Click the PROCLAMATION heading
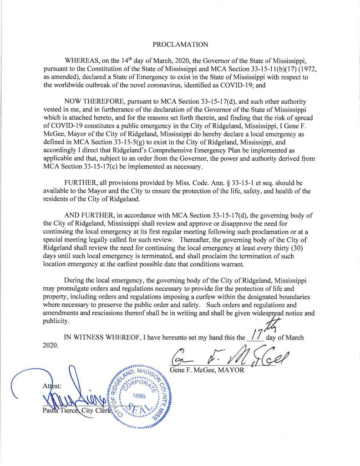pyautogui.click(x=180, y=45)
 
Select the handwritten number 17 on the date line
pyautogui.click(x=255, y=337)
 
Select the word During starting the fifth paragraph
pyautogui.click(x=76, y=280)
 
